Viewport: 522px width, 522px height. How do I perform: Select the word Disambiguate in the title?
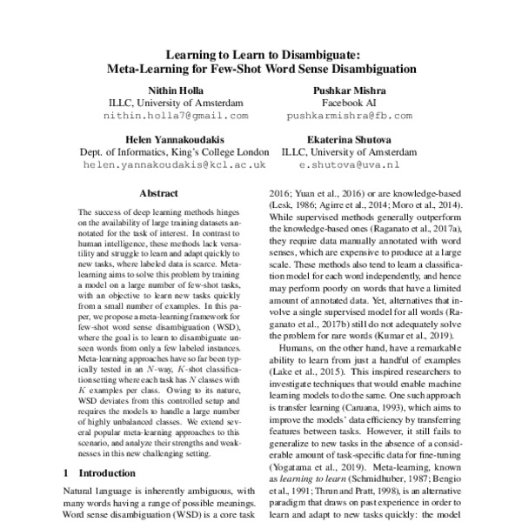317,53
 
